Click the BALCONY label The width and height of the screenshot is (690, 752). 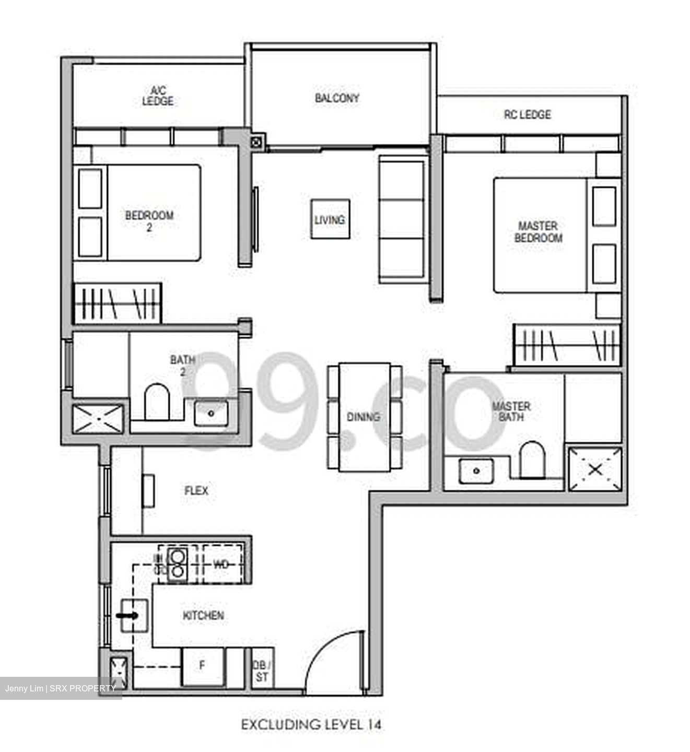[337, 98]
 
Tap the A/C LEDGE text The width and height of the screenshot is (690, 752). [158, 96]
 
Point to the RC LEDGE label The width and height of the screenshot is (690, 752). [527, 114]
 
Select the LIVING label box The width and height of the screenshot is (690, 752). [330, 219]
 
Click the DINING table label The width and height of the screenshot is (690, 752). [364, 417]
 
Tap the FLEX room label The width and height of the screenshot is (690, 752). [196, 490]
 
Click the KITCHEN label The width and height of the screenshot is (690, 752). [203, 615]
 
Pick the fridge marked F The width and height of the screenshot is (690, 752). [202, 666]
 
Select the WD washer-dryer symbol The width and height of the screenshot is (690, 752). [221, 564]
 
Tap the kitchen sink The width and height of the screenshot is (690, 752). [134, 616]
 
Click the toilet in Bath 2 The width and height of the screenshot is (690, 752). [156, 402]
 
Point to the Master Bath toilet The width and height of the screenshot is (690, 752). [532, 459]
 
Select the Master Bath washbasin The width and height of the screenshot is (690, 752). [476, 471]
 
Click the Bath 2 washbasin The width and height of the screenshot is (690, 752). [211, 413]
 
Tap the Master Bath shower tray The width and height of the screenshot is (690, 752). [594, 469]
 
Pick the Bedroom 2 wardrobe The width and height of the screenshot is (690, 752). [118, 303]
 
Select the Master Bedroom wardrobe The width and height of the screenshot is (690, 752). [567, 345]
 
